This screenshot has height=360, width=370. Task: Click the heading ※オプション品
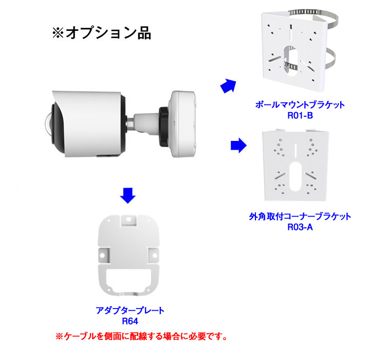(101, 33)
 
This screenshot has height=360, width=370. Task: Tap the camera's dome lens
(48, 124)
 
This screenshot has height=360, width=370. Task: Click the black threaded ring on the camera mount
(163, 126)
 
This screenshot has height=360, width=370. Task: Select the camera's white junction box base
(183, 124)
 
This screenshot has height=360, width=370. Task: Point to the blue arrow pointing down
(128, 195)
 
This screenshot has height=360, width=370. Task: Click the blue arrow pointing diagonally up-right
(228, 86)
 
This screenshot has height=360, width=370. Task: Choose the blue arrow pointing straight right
(238, 145)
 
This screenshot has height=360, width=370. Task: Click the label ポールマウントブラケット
(300, 104)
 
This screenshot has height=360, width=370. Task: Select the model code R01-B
(300, 116)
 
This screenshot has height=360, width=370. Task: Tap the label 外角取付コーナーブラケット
(300, 217)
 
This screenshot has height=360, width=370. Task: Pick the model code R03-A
(300, 227)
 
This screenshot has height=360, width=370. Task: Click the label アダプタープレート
(130, 311)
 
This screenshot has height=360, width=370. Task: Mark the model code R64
(130, 321)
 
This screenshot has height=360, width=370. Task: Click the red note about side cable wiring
(141, 336)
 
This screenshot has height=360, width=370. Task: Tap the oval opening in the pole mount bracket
(291, 61)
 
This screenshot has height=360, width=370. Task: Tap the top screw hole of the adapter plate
(128, 220)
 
